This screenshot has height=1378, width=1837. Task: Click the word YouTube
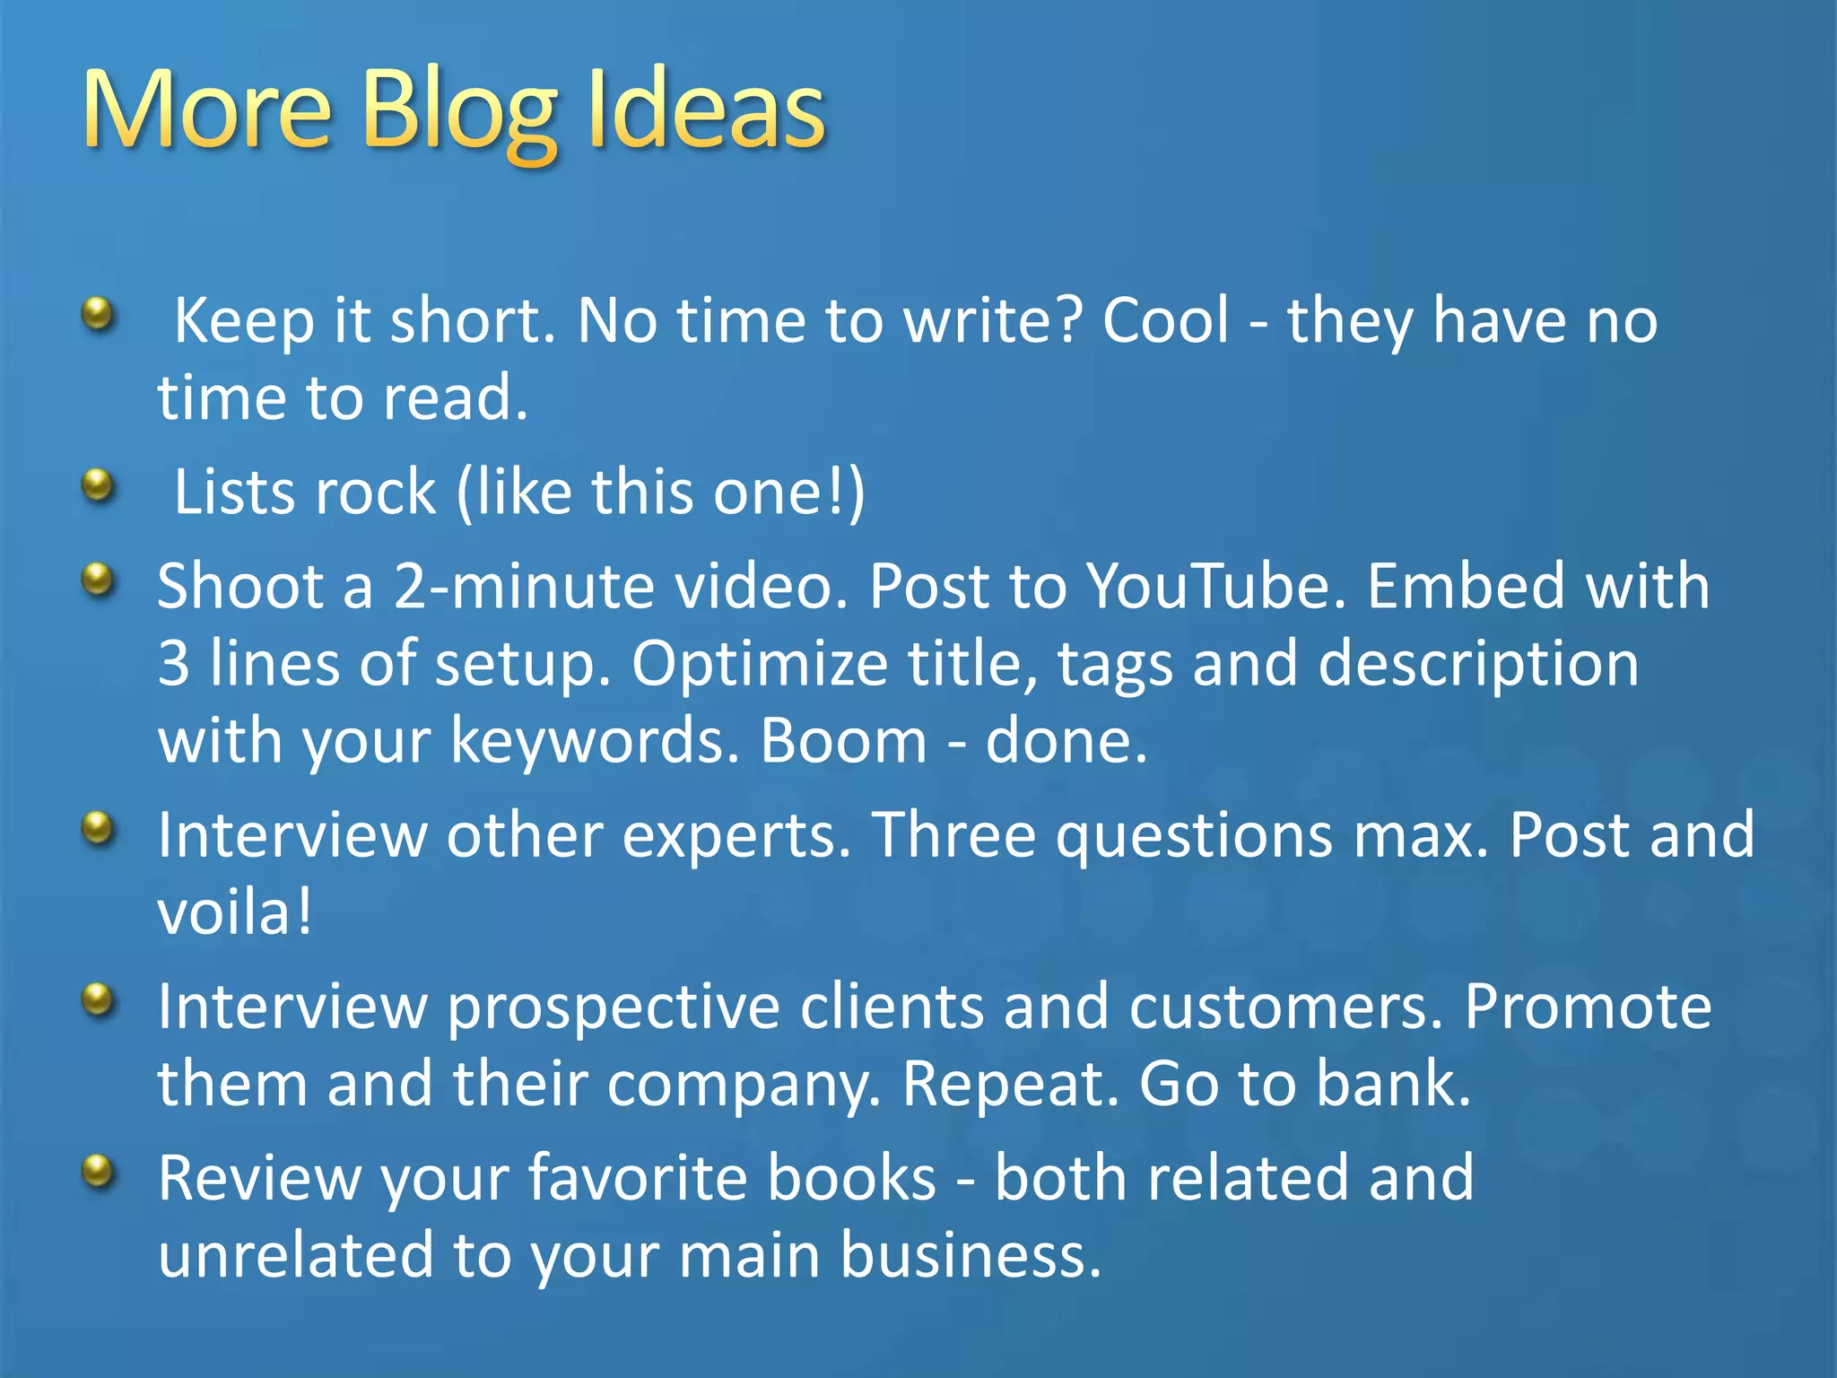1216,587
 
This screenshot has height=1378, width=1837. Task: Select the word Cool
1165,320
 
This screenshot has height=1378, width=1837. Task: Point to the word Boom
843,741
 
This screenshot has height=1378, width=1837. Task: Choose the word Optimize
759,665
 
